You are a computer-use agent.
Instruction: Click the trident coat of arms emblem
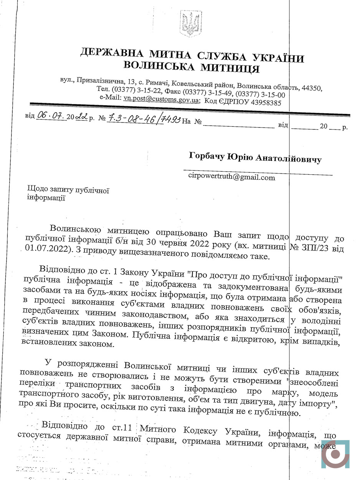pyautogui.click(x=188, y=24)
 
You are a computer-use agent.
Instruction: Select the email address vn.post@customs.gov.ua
pyautogui.click(x=161, y=99)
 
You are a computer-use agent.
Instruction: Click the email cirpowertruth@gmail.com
pyautogui.click(x=232, y=177)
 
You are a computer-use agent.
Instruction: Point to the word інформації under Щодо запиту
pyautogui.click(x=46, y=198)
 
